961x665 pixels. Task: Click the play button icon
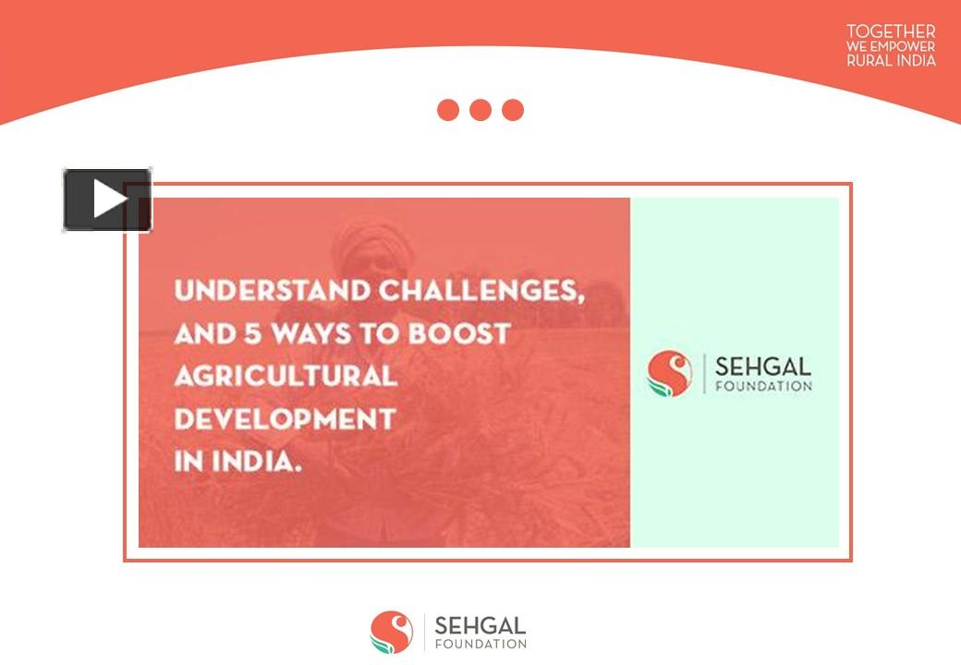(x=107, y=199)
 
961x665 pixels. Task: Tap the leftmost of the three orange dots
(x=448, y=110)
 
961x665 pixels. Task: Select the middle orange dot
(x=480, y=110)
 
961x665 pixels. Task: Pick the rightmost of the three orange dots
(x=513, y=110)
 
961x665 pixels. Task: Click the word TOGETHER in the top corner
(x=891, y=32)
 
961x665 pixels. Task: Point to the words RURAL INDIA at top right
(x=891, y=61)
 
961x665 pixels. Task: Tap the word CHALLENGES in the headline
(x=480, y=291)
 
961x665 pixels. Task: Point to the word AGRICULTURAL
(x=286, y=376)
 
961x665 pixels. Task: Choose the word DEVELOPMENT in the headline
(x=285, y=419)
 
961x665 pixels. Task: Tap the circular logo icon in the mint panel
(x=670, y=373)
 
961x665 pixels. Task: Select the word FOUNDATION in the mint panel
(x=764, y=386)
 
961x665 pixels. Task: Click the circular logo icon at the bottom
(x=392, y=632)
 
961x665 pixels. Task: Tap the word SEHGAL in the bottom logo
(x=480, y=625)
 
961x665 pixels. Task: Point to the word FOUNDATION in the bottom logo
(x=480, y=644)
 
